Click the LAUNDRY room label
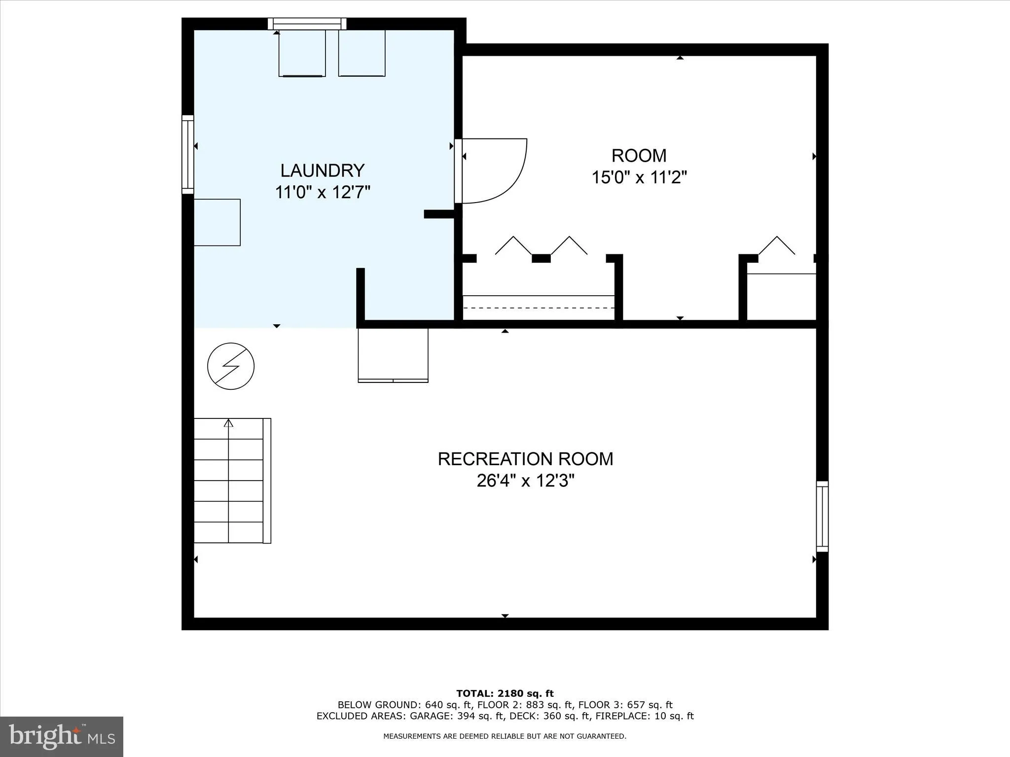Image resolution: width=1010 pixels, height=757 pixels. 323,171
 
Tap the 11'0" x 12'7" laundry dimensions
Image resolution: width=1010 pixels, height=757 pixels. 323,192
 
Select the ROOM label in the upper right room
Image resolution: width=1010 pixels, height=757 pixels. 639,156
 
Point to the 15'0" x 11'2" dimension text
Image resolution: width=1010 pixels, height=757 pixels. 639,177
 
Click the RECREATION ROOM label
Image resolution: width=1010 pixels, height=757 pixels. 525,459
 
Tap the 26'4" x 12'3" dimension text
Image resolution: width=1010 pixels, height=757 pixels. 525,481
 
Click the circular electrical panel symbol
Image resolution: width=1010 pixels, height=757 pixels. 231,366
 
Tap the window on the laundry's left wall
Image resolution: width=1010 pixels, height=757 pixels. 188,154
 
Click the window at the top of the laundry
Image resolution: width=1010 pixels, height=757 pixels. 307,24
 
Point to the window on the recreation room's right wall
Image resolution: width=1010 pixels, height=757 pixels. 822,516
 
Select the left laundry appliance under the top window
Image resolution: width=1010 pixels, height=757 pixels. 302,53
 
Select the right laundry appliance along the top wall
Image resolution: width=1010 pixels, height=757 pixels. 361,53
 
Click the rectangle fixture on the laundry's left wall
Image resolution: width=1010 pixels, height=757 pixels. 217,222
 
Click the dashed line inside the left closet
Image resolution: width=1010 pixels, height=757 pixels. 539,308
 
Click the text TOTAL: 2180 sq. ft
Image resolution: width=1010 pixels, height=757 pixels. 505,693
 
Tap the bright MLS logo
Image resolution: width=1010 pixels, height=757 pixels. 62,736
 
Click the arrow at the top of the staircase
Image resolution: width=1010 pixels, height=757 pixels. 228,423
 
